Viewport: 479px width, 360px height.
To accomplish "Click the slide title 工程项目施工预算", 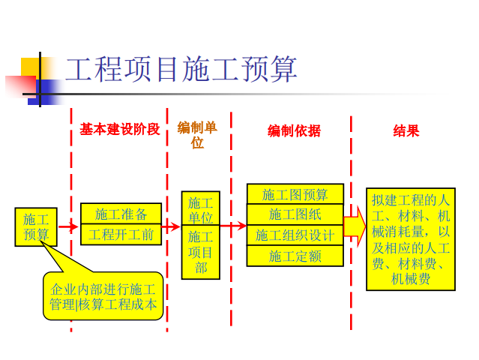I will (181, 70).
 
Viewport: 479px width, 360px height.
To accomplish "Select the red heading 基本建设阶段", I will (119, 129).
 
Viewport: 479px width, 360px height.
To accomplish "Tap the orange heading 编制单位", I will (197, 135).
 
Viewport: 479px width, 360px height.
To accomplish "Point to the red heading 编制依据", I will (294, 130).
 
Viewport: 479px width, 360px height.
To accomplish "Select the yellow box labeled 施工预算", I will (36, 226).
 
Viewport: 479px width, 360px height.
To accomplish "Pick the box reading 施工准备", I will (121, 214).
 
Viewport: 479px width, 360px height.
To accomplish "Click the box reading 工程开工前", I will (121, 235).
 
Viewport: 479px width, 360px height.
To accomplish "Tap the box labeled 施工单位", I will (200, 209).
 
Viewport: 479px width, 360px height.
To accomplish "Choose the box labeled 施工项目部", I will (200, 252).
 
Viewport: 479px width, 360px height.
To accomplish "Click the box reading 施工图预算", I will (295, 194).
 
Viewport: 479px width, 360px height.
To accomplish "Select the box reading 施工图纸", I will (295, 214).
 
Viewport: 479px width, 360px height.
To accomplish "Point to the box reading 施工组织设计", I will (295, 235).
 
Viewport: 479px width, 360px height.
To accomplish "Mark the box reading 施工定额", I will (295, 256).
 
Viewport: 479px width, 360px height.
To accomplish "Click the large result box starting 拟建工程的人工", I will (410, 238).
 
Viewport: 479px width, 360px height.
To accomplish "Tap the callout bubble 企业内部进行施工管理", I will (103, 296).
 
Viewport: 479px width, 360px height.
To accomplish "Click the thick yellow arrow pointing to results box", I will (355, 225).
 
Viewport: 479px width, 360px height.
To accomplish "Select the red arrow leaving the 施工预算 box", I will (68, 226).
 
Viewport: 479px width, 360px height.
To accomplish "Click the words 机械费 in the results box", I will (410, 279).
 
